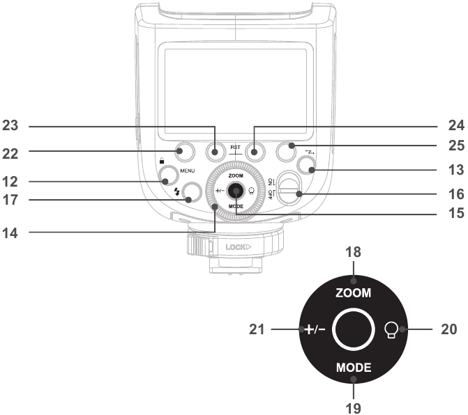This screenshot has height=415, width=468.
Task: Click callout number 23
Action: click(10, 125)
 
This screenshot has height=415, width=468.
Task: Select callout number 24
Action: click(456, 125)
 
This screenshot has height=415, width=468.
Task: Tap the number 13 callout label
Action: click(456, 170)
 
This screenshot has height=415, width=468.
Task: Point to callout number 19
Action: click(354, 408)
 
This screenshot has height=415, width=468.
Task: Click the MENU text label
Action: click(188, 171)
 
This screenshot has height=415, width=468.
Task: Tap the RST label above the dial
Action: click(235, 147)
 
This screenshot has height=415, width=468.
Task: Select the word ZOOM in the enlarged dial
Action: click(354, 293)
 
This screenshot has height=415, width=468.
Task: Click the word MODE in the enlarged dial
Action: click(354, 368)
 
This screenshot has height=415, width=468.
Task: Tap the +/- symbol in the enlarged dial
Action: click(315, 329)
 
